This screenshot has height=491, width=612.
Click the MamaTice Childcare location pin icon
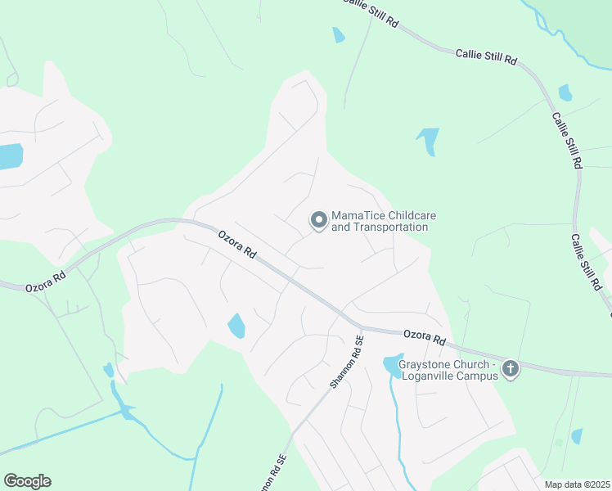[x=317, y=220]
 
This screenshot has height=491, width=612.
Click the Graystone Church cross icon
[x=510, y=369]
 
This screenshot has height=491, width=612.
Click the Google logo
[x=27, y=481]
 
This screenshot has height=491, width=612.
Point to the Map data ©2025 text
[x=576, y=484]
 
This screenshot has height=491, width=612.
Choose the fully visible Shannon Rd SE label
[x=345, y=362]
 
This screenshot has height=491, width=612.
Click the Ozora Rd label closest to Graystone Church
[x=424, y=337]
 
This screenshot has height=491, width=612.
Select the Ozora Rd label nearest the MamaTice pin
[x=237, y=244]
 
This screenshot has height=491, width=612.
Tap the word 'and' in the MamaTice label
[x=340, y=227]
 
